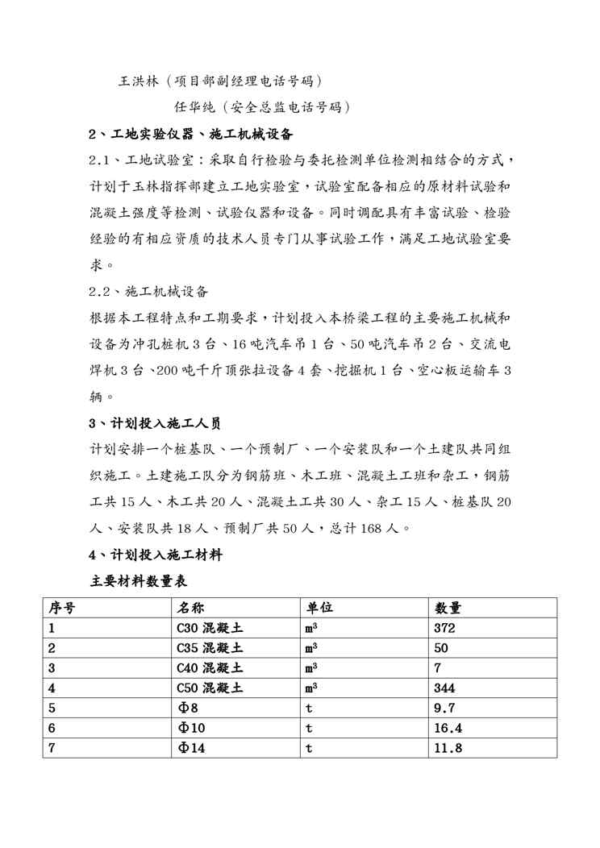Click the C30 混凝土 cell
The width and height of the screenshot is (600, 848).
click(210, 628)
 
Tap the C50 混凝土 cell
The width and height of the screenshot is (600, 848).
click(210, 688)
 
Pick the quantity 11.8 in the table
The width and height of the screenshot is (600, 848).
click(448, 748)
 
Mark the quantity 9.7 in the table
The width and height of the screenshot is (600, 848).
click(445, 709)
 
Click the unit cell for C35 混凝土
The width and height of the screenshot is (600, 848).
click(311, 648)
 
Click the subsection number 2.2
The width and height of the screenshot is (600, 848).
click(101, 291)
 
